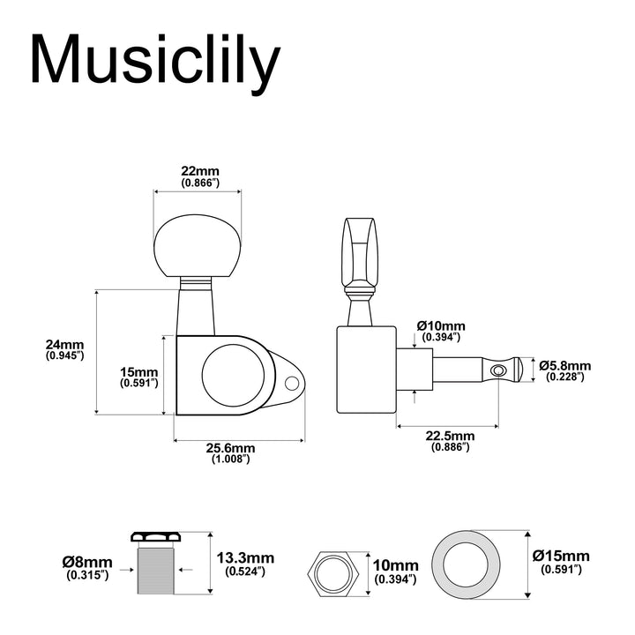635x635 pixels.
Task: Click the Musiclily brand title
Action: (155, 61)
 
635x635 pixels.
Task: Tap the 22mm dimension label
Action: (200, 176)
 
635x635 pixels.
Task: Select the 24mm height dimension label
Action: (64, 349)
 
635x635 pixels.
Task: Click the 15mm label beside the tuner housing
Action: (139, 377)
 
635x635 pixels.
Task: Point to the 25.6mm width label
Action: (230, 452)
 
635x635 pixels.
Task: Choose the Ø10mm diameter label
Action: (441, 331)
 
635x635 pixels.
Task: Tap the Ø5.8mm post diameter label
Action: (565, 370)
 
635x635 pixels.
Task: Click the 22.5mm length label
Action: (450, 441)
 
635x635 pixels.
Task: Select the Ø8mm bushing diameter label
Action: (87, 567)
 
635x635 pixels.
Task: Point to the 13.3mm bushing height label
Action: (245, 564)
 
